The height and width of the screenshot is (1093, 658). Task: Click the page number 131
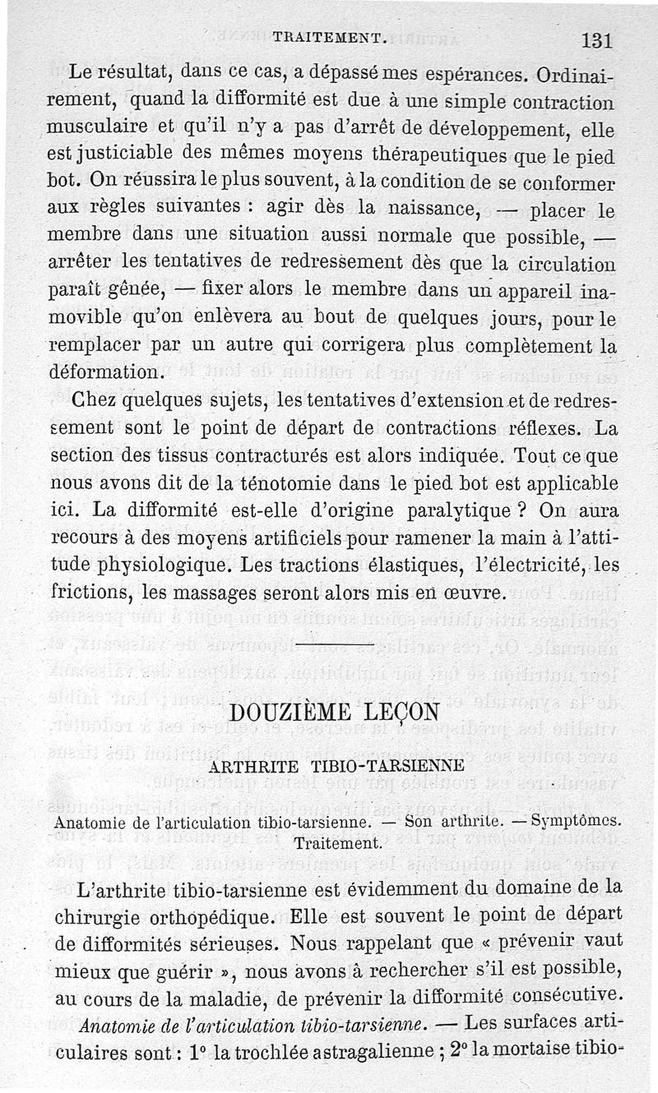pyautogui.click(x=596, y=40)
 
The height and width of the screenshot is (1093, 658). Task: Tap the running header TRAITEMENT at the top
pyautogui.click(x=330, y=37)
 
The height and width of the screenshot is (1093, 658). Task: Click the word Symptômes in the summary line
pyautogui.click(x=577, y=821)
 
